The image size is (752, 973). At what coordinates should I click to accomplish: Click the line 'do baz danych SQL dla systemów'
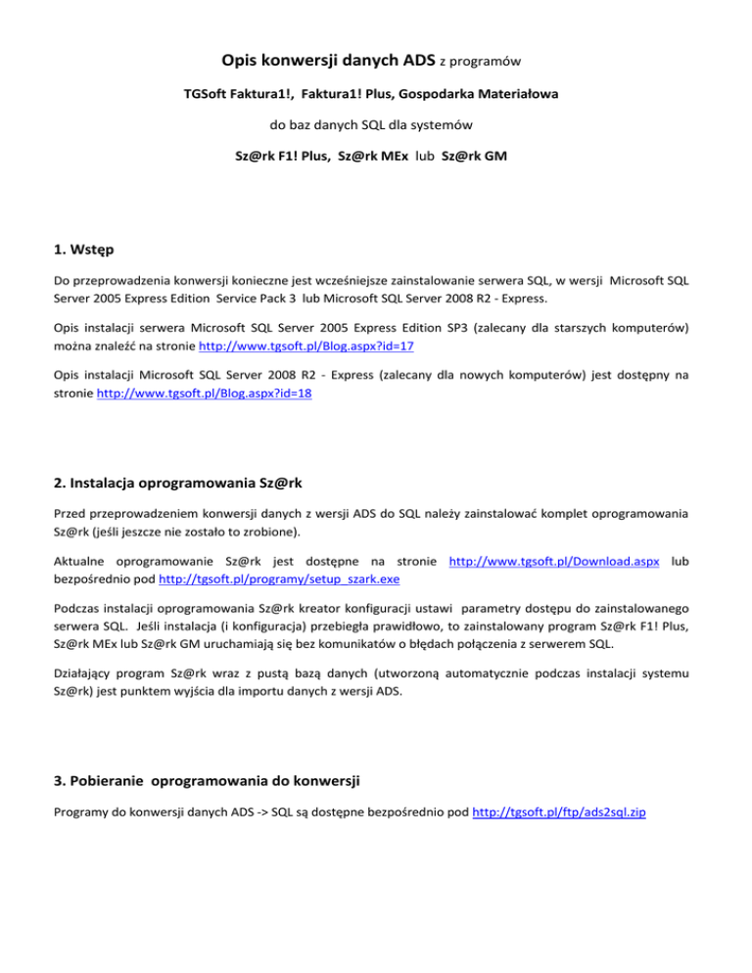pyautogui.click(x=376, y=125)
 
